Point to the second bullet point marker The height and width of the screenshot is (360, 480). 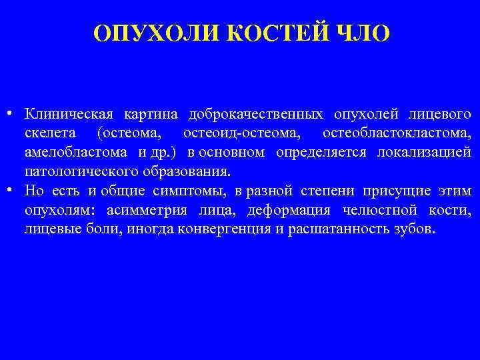13,190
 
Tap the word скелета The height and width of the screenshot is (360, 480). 53,132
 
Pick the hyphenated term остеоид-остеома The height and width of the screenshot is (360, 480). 241,132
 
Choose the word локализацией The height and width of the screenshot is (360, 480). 424,151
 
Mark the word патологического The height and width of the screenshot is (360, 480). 81,171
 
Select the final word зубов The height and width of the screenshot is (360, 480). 414,229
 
